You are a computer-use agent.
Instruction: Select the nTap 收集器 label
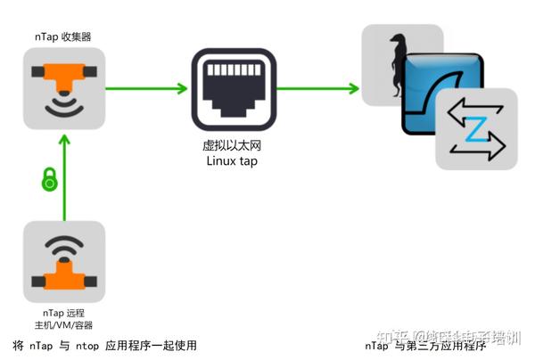pos(63,37)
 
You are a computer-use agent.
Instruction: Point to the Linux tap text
pos(232,161)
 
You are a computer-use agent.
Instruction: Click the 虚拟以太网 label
pos(232,146)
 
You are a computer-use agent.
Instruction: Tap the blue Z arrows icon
pos(476,129)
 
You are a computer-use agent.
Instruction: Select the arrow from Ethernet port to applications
pos(317,87)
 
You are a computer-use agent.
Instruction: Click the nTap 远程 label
pos(64,313)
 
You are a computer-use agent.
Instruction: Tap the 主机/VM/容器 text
pos(64,325)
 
